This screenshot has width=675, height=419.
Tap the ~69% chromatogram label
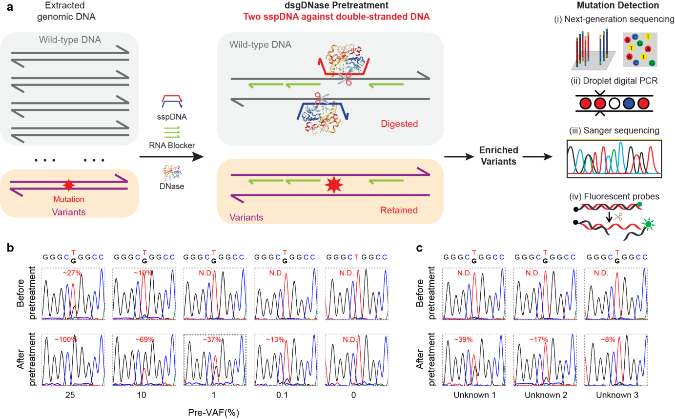point(144,339)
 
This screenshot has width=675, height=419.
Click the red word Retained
point(399,210)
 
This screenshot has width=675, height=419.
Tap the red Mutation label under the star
point(69,199)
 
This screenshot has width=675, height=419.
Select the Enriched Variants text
point(498,155)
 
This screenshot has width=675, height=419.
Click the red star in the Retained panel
point(334,185)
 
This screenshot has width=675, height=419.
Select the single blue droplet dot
point(630,104)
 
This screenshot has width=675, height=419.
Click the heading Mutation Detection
point(617,6)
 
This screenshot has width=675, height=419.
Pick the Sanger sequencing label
point(614,131)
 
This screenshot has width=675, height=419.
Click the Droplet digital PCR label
point(614,81)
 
